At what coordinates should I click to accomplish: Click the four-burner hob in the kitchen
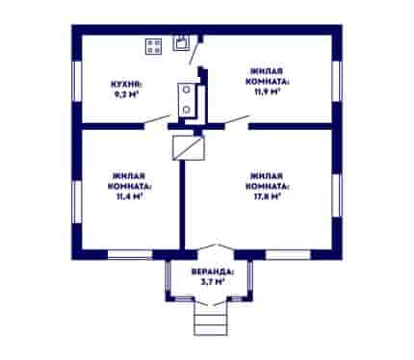153,46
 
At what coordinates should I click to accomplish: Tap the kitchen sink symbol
181,42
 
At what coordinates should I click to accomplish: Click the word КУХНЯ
126,85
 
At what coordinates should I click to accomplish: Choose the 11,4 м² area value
129,196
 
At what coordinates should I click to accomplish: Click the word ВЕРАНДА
213,271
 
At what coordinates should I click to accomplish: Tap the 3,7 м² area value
211,282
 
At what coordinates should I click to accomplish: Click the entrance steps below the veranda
211,319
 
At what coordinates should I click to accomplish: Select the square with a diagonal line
189,147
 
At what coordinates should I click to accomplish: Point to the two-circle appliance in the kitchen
186,100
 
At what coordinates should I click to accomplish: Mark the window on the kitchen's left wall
77,82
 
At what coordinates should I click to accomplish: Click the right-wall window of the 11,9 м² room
337,82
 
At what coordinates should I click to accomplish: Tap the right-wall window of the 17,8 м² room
337,195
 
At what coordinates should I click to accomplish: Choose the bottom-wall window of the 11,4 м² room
130,255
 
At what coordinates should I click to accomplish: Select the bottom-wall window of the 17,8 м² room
288,255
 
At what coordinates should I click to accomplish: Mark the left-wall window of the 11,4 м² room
77,202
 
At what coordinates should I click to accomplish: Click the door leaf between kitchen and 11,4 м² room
157,119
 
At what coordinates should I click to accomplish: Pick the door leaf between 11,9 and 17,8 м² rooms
237,119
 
